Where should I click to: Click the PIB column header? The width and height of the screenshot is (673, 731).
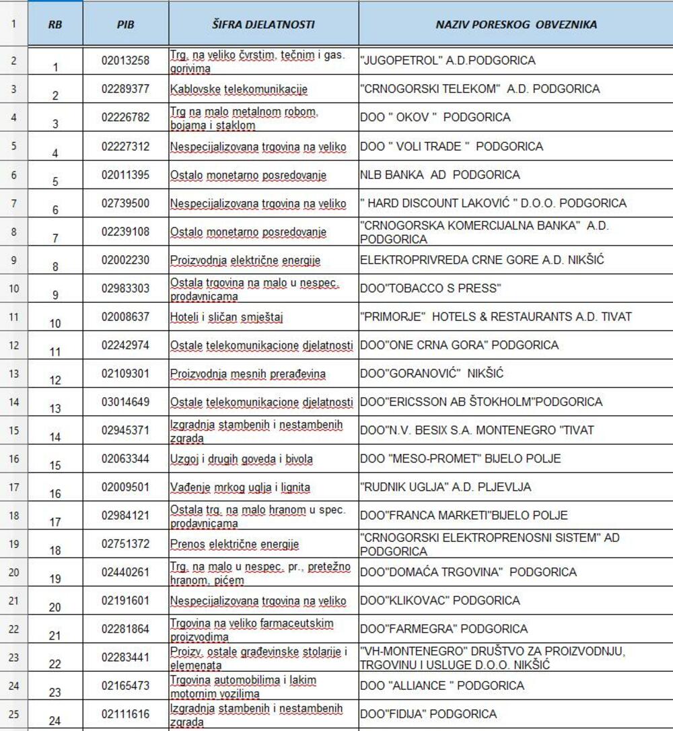coord(125,25)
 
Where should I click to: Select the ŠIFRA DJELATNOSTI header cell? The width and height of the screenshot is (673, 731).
coord(263,25)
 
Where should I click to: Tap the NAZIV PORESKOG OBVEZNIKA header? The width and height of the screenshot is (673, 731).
coord(516,25)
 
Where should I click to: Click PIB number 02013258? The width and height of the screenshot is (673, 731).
coord(125,61)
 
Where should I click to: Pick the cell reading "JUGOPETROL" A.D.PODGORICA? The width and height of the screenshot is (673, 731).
coord(448,61)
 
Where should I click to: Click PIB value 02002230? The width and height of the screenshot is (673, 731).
coord(125,260)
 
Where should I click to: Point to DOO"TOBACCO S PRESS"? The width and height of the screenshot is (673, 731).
coord(431,289)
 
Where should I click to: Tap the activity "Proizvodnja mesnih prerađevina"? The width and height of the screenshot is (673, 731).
coord(248,374)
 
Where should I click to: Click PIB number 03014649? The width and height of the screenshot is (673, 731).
coord(125,403)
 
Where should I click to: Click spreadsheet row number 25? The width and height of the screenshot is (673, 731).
coord(14,713)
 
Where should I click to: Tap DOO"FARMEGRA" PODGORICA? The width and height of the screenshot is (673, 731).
coord(444,629)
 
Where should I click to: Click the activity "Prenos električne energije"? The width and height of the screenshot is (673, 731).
coord(234,544)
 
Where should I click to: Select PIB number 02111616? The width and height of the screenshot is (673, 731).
coord(125,714)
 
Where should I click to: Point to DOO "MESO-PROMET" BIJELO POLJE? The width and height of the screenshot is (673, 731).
coord(460,459)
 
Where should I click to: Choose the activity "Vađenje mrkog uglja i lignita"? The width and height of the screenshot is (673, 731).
coord(239,487)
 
